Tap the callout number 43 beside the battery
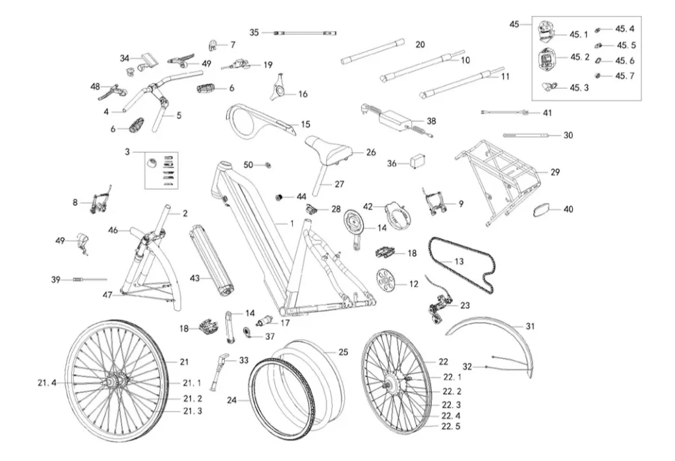coord(195,278)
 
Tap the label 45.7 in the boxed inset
coord(625,76)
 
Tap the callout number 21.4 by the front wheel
coord(47,383)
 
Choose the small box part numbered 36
coord(419,162)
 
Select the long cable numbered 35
coord(305,33)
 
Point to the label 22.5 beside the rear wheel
coord(451,426)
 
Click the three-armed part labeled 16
coord(279,88)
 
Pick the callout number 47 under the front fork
coord(107,295)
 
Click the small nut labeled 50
coord(268,165)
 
